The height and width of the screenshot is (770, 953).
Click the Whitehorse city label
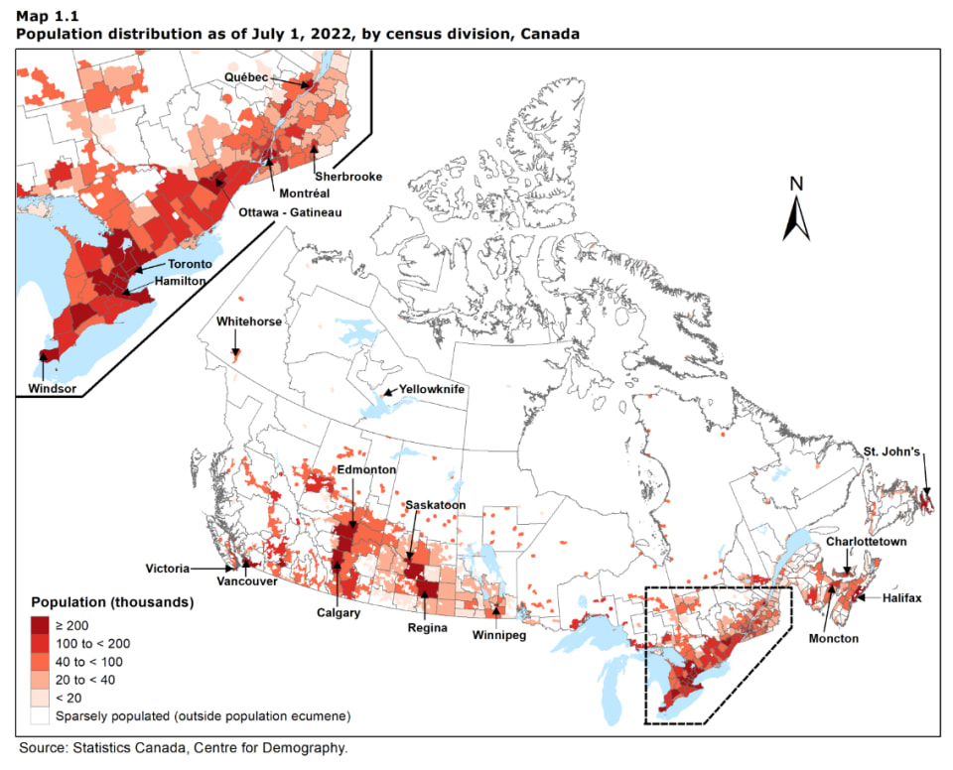[x=249, y=322]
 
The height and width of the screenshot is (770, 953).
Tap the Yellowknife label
[x=432, y=390]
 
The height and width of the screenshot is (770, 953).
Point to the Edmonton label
[x=366, y=469]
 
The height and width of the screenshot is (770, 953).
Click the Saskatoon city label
[x=436, y=505]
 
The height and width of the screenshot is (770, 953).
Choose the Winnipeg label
[x=498, y=635]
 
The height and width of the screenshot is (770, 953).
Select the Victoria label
[x=165, y=570]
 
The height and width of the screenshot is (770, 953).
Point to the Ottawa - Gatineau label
[x=288, y=212]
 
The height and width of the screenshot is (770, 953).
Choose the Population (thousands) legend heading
[x=111, y=602]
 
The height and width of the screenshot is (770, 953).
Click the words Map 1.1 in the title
[x=44, y=16]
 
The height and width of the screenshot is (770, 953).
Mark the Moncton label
[x=833, y=638]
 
